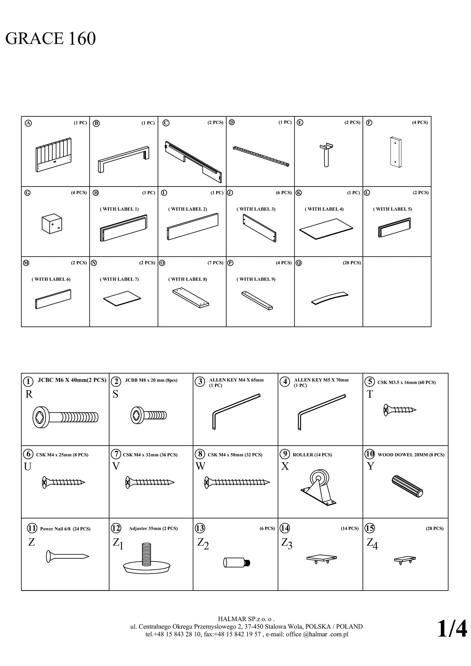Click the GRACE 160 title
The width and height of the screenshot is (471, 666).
tap(51, 38)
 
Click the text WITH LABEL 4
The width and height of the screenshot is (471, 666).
tap(324, 209)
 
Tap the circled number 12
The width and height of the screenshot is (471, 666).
tap(116, 528)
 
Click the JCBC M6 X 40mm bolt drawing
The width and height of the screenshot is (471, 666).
tap(66, 417)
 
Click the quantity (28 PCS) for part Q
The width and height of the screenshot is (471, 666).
tap(352, 263)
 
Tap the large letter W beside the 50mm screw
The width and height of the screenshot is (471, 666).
tap(200, 466)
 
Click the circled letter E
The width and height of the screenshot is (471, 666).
tap(300, 122)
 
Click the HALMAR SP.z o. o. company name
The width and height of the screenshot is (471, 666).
tap(246, 619)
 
